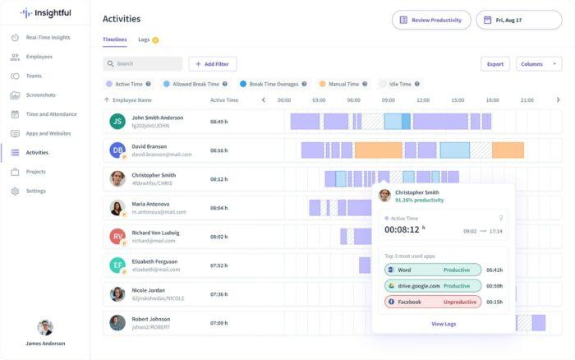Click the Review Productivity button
pyautogui.click(x=431, y=20)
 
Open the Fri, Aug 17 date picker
pyautogui.click(x=518, y=20)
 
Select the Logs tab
pyautogui.click(x=144, y=39)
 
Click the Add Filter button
pyautogui.click(x=213, y=63)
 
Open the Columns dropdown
pyautogui.click(x=538, y=63)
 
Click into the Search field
pyautogui.click(x=143, y=63)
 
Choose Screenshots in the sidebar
pyautogui.click(x=40, y=95)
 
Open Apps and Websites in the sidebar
pyautogui.click(x=48, y=133)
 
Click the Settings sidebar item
pyautogui.click(x=35, y=191)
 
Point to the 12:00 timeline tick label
pyautogui.click(x=423, y=100)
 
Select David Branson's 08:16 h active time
pyautogui.click(x=218, y=150)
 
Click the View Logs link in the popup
pyautogui.click(x=444, y=324)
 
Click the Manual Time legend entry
pyautogui.click(x=343, y=84)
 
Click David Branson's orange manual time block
pyautogui.click(x=507, y=150)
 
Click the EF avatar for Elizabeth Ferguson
pyautogui.click(x=117, y=265)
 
